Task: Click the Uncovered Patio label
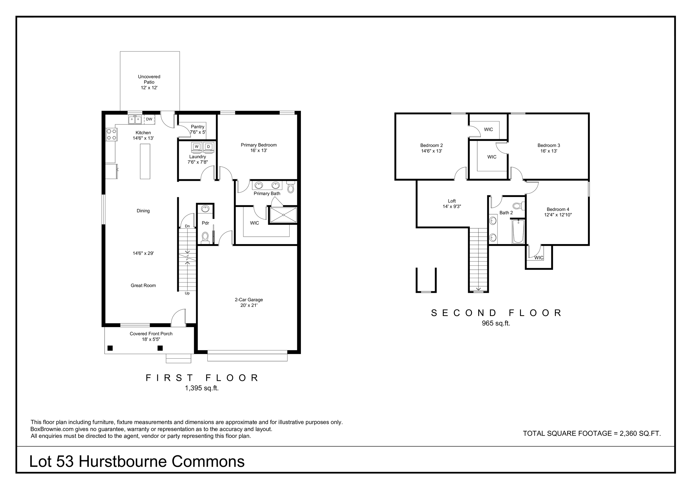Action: click(149, 82)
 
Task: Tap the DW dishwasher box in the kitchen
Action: click(149, 119)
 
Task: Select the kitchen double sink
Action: click(135, 120)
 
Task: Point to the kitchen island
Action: click(145, 162)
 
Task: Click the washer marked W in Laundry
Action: click(197, 146)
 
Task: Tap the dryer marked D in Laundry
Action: click(208, 146)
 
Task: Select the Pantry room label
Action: click(198, 127)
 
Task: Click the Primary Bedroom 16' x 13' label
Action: click(259, 148)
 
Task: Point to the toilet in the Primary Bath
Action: click(291, 187)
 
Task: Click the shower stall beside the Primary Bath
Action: click(283, 215)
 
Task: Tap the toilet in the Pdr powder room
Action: click(205, 237)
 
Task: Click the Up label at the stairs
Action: click(187, 293)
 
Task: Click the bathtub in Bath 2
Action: click(518, 231)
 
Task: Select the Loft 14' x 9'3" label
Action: click(452, 204)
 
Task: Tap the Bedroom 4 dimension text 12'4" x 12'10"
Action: click(558, 215)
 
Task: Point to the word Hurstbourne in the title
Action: click(123, 462)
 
